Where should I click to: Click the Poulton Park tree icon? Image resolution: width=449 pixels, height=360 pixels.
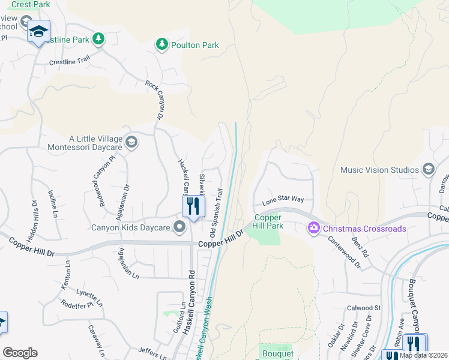(x=161, y=44)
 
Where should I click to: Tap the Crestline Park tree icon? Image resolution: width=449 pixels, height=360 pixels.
(x=98, y=40)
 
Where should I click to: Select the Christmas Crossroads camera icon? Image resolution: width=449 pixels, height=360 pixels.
(x=313, y=229)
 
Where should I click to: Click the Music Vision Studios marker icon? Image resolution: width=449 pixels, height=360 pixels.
(x=428, y=170)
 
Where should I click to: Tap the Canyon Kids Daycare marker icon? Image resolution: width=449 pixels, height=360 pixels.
(x=179, y=227)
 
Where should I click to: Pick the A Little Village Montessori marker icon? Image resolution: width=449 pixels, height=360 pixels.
(x=131, y=142)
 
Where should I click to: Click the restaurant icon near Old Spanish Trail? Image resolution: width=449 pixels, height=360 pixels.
(x=193, y=207)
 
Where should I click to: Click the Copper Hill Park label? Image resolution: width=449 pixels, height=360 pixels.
(x=268, y=221)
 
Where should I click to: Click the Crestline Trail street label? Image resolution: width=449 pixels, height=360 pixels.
(x=69, y=61)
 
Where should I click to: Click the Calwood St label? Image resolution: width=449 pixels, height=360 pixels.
(x=364, y=308)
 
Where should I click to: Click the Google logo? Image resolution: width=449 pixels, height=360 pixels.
(x=20, y=352)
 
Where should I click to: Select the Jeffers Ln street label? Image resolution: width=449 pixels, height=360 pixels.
(x=152, y=353)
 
